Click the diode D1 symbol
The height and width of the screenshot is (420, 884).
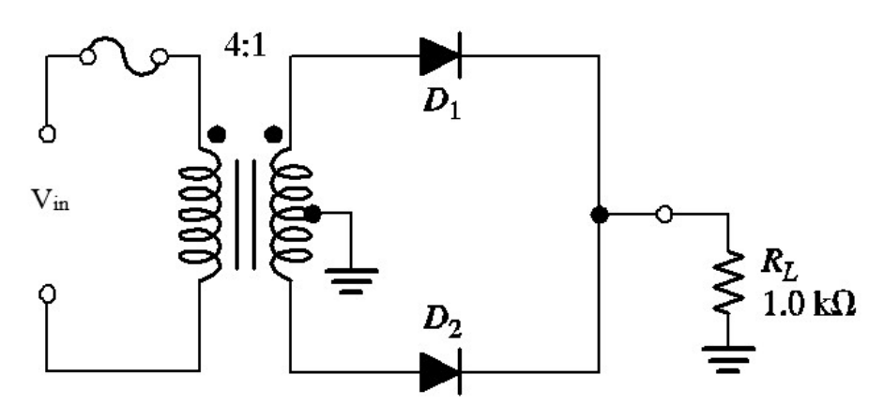point(440,55)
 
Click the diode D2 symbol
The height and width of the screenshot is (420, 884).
point(440,371)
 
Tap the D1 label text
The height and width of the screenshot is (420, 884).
point(441,102)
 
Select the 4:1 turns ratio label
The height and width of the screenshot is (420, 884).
point(244,47)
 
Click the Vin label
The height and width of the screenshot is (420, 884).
point(51,200)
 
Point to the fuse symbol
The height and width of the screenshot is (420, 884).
point(124,56)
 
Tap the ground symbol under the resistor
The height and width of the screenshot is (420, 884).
point(728,359)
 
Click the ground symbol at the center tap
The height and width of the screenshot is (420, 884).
point(351,281)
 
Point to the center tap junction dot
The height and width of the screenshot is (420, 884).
point(312,214)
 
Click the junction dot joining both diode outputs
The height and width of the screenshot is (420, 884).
point(600,215)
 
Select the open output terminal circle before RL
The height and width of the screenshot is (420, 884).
point(664,215)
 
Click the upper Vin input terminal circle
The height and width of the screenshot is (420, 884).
point(47,134)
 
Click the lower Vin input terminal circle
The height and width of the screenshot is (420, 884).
point(47,293)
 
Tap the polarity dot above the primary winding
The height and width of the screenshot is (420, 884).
point(217,135)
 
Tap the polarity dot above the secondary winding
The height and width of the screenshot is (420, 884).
point(273,135)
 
